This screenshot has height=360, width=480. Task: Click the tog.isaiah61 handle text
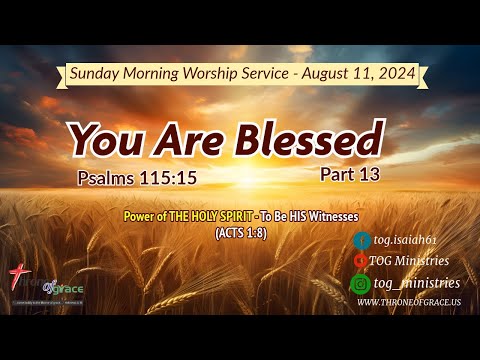(404, 240)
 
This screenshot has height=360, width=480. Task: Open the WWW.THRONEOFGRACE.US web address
(408, 302)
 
